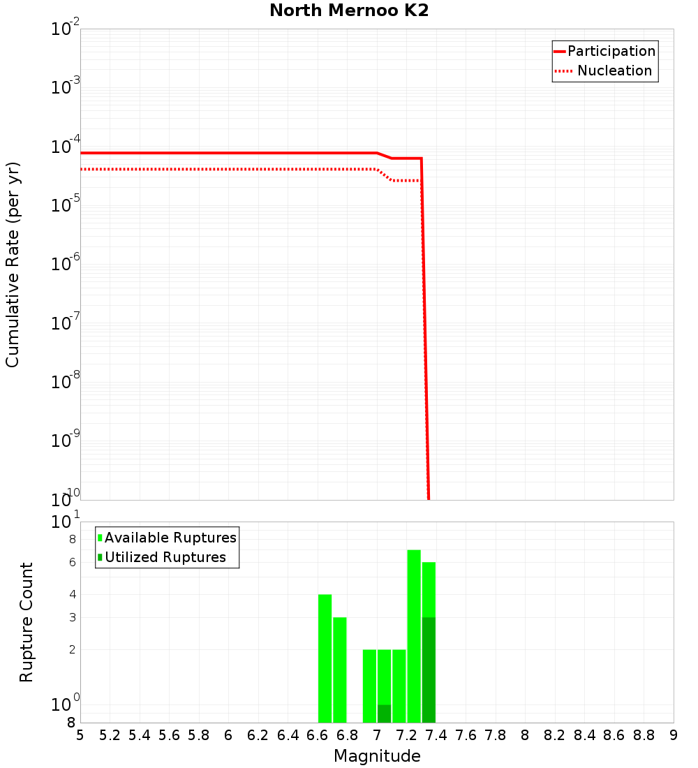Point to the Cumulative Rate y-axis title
pos(13,264)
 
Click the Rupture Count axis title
pos(27,622)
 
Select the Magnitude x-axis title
pos(377,756)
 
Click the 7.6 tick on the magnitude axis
pos(466,735)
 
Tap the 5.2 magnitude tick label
pos(110,735)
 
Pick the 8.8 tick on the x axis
pos(644,735)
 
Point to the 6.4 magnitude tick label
pos(288,735)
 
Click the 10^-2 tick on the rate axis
pos(66,29)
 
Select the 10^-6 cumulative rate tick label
pos(66,265)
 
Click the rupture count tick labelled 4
pos(72,594)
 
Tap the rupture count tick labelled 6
pos(72,562)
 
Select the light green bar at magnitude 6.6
pos(325,656)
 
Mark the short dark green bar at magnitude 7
pos(384,714)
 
